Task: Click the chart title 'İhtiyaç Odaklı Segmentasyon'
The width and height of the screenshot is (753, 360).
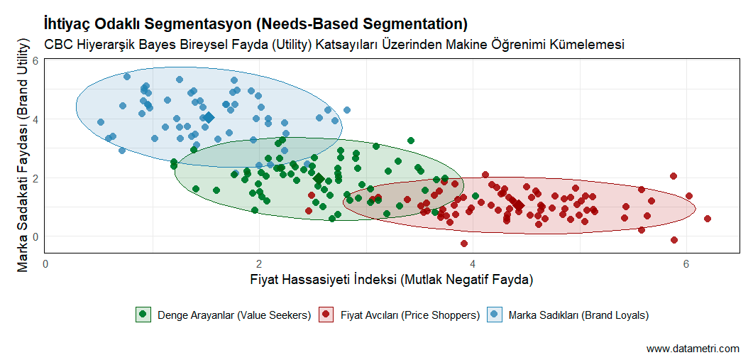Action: click(255, 24)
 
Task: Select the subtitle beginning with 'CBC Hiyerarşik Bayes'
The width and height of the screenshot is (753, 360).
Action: click(334, 44)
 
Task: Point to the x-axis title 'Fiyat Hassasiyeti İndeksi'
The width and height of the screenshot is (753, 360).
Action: click(391, 279)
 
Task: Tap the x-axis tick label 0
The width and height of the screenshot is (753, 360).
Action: click(45, 263)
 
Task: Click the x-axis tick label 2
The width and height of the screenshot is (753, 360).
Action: click(259, 263)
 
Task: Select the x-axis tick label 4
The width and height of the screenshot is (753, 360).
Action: click(473, 263)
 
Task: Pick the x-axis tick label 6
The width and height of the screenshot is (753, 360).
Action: click(686, 263)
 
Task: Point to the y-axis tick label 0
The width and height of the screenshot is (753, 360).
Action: click(34, 236)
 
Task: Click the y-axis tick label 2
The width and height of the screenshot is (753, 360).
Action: click(34, 178)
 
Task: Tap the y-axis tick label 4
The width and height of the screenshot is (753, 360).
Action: click(34, 119)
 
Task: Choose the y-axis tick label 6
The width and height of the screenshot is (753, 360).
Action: click(34, 60)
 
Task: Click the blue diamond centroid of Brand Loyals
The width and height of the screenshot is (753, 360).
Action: click(209, 118)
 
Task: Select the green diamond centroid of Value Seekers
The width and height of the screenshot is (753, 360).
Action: click(319, 179)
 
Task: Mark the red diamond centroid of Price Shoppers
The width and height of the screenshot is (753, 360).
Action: click(519, 205)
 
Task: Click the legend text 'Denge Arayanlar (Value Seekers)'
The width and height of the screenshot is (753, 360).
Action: click(234, 315)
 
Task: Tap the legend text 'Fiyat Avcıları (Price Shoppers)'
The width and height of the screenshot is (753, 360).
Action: click(410, 315)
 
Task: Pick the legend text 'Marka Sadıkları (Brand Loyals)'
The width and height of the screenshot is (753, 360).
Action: click(578, 315)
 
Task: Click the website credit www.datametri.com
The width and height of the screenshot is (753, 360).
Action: click(693, 349)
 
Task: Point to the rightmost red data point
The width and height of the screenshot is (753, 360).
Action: click(707, 219)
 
